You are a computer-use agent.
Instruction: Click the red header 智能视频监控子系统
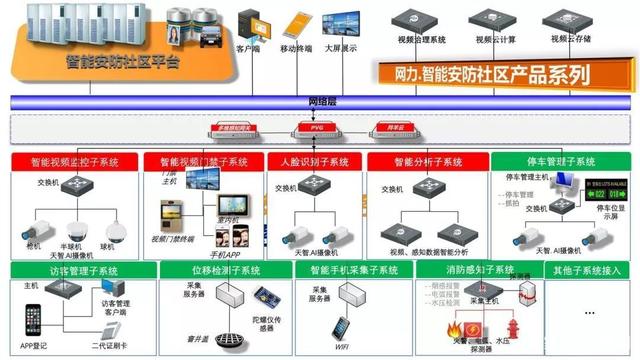click(75, 161)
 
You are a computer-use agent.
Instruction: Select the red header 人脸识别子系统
click(314, 161)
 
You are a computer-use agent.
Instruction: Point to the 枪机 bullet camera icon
click(32, 236)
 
